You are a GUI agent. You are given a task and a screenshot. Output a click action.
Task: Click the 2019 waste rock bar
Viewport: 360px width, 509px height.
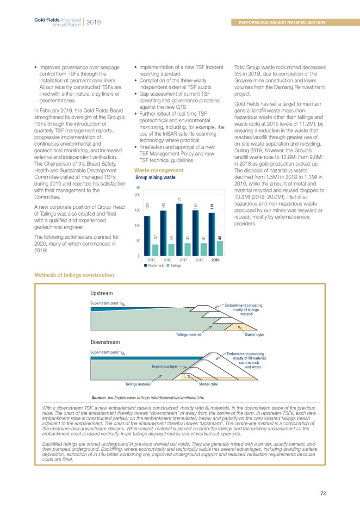pos(211,234)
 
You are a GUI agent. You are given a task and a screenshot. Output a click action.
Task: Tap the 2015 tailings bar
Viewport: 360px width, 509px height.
pos(155,250)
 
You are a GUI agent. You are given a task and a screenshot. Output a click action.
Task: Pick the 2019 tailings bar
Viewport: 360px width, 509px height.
pos(219,248)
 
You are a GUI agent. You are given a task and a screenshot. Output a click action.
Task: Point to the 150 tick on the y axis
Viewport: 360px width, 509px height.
pos(137,211)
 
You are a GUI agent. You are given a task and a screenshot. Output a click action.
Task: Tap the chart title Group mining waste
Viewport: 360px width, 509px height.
pos(155,177)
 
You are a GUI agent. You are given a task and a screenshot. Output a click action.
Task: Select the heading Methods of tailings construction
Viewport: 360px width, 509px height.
pos(74,275)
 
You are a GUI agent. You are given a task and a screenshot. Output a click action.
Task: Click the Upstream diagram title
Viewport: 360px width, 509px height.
pos(102,293)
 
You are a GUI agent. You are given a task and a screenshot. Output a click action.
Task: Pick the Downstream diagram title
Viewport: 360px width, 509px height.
pos(105,342)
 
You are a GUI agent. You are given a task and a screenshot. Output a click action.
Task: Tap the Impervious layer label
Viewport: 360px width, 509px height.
pos(165,366)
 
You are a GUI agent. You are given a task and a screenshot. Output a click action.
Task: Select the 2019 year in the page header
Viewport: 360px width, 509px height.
pos(93,22)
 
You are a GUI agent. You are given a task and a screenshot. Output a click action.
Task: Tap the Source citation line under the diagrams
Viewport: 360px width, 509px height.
pos(148,397)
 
